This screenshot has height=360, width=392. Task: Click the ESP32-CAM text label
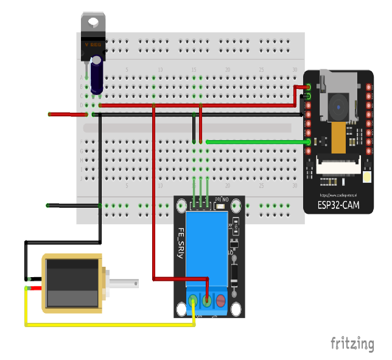(338, 205)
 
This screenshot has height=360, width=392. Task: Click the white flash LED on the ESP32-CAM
(366, 178)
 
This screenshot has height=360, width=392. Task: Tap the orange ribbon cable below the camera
(337, 139)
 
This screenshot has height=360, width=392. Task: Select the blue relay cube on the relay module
(208, 247)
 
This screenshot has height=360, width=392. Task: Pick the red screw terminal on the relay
(222, 300)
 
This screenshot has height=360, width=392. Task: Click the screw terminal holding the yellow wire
(193, 300)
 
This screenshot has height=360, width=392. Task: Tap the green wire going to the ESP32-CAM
(256, 142)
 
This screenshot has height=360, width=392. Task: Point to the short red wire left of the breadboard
(61, 114)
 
